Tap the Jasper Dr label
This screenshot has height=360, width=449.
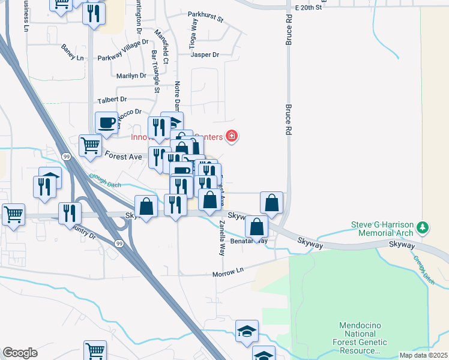click(x=205, y=55)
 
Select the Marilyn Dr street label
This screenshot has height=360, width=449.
click(x=131, y=76)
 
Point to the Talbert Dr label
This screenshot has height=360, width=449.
click(x=112, y=99)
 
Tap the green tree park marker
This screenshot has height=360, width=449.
click(x=424, y=227)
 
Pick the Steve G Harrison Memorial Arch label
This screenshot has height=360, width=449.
click(x=382, y=229)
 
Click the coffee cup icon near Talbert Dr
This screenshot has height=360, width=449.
click(x=107, y=122)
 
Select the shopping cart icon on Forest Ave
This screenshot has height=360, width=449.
click(x=90, y=145)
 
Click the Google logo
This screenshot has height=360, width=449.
click(x=20, y=353)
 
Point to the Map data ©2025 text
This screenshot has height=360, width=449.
click(x=423, y=355)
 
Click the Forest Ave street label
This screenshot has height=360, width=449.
click(x=123, y=156)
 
